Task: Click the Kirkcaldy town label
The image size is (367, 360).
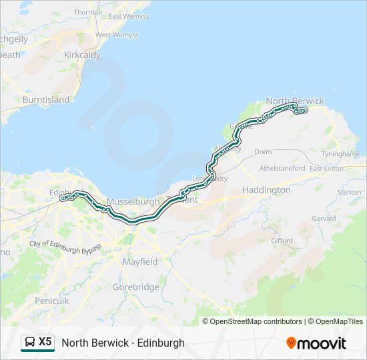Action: click(82, 55)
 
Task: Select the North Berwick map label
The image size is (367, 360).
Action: click(294, 101)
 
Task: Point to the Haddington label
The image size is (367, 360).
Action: click(266, 190)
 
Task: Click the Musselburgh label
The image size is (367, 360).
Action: click(133, 201)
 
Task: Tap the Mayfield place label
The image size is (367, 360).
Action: click(140, 262)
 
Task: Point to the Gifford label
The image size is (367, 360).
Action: click(282, 241)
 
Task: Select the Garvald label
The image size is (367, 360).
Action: click(323, 218)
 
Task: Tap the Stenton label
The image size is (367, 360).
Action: click(349, 192)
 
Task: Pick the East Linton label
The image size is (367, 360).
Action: click(326, 169)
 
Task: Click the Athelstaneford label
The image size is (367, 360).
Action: click(282, 169)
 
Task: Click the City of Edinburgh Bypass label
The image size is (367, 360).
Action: click(65, 246)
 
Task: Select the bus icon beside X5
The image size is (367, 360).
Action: click(31, 342)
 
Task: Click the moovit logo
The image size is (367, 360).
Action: click(316, 343)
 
